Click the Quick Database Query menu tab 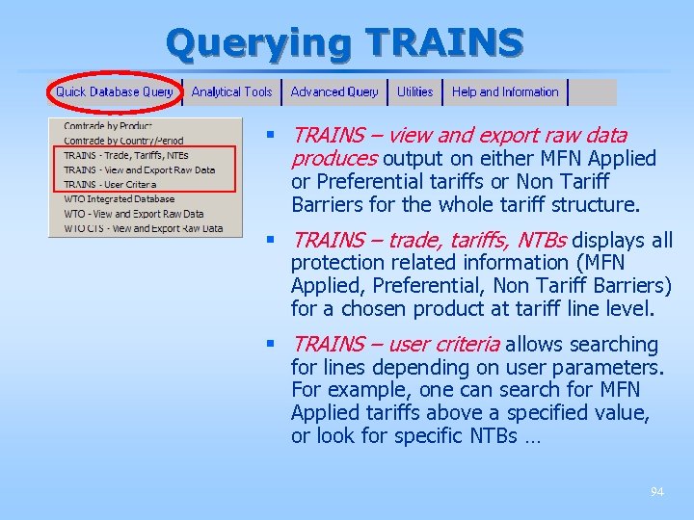(114, 92)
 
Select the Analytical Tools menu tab (231, 92)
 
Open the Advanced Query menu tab (334, 92)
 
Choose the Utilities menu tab (414, 92)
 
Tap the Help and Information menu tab (505, 92)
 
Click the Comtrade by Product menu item (108, 126)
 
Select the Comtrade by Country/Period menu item (123, 141)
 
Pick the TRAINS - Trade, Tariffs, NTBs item (126, 155)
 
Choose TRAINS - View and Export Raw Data (139, 170)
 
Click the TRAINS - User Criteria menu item (110, 185)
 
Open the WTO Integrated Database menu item (120, 199)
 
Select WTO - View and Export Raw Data (134, 214)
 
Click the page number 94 (656, 492)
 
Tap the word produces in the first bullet (334, 159)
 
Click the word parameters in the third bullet (613, 368)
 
